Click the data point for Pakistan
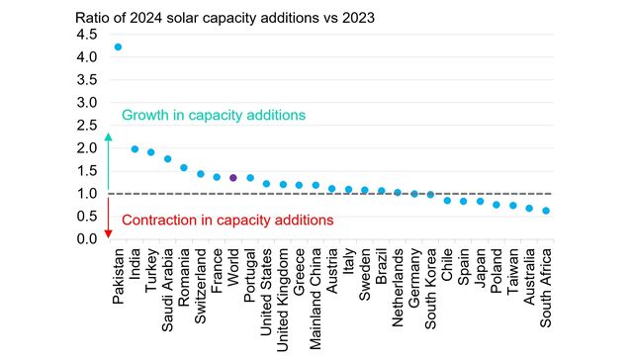coord(119,46)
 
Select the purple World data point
coord(233,178)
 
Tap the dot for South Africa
coord(546,211)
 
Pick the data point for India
coord(136,149)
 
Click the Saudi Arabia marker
coord(168,159)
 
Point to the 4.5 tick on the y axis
coord(87,35)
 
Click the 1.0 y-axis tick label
coord(87,194)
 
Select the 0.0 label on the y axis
coord(87,239)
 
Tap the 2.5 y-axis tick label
coord(87,126)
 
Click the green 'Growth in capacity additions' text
coord(213,116)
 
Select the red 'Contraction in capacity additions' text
coord(226,220)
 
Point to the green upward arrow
coord(109,158)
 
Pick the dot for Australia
coord(529,209)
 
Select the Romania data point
coord(184,168)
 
